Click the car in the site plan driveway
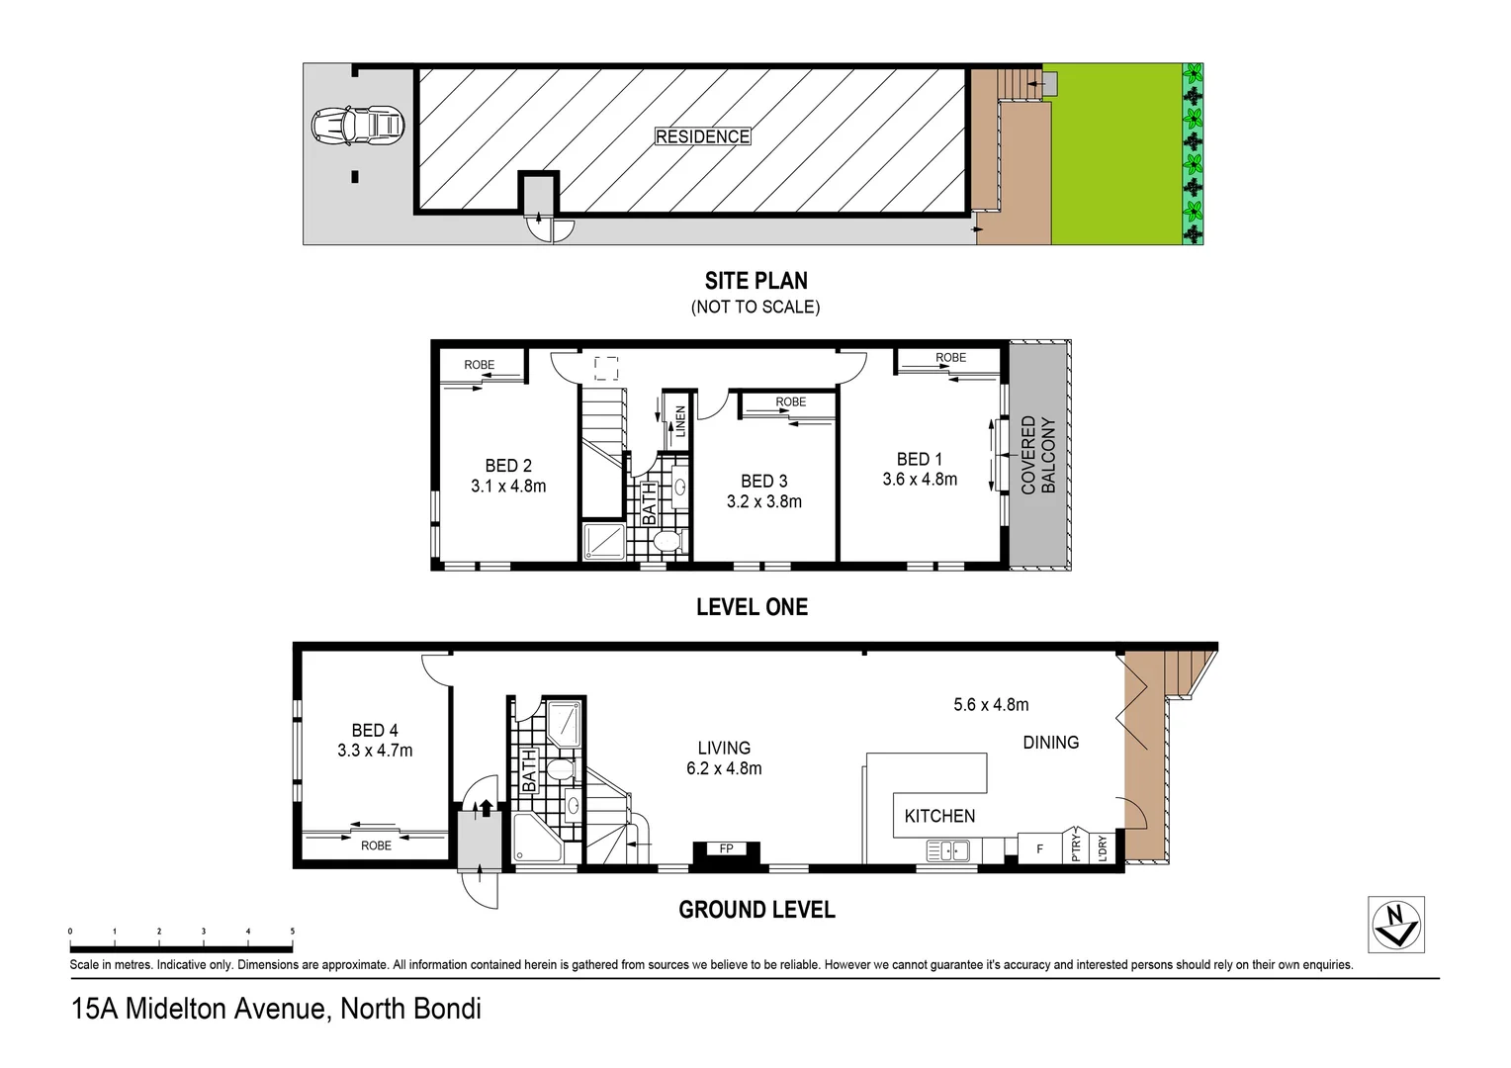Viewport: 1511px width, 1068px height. [x=357, y=126]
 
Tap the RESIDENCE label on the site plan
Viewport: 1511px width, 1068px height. [x=702, y=136]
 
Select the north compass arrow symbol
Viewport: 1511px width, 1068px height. [x=1395, y=924]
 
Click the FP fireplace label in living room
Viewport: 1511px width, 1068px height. [x=726, y=848]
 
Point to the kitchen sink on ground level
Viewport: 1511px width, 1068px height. [x=947, y=849]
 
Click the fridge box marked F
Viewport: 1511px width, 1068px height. [x=1039, y=848]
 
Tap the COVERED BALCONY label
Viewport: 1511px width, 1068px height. [x=1038, y=455]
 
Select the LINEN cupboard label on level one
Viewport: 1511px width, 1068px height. [x=680, y=421]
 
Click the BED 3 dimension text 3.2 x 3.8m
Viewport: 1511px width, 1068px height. [x=763, y=501]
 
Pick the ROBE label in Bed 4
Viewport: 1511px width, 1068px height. [x=376, y=845]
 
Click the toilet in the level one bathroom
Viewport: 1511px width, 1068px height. [x=668, y=541]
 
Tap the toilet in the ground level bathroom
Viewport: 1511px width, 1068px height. [x=560, y=769]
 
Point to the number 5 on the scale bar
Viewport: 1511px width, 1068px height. [x=292, y=932]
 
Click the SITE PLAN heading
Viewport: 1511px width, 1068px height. [x=755, y=281]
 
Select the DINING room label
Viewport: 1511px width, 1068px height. [x=1050, y=743]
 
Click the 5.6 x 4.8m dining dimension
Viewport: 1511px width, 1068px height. [x=991, y=705]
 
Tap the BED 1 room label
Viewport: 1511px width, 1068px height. [x=919, y=459]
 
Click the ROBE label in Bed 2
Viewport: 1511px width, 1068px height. [x=479, y=365]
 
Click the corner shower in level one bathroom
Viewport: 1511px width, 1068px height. [x=603, y=542]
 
